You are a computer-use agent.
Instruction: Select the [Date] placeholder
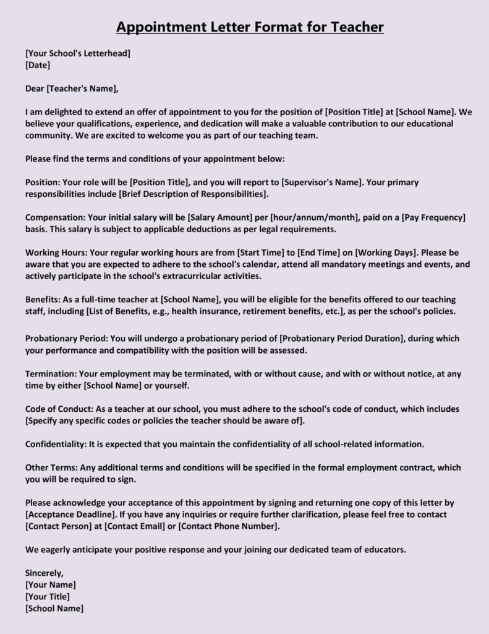38,64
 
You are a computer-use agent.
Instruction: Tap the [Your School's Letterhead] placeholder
78,53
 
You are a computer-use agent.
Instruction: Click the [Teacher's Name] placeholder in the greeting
81,88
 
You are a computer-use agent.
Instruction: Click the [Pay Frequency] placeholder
433,217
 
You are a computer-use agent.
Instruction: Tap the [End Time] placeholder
322,253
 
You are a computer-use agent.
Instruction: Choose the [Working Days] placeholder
388,253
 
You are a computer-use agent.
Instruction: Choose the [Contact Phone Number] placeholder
229,526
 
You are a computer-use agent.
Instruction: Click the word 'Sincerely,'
45,573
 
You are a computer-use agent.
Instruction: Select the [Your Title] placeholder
48,596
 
